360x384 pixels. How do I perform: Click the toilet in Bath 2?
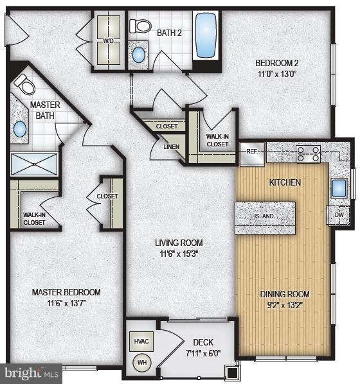point(140,26)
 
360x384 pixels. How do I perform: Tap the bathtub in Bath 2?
point(206,35)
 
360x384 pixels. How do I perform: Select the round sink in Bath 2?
point(139,55)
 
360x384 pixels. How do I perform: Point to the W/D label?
point(108,41)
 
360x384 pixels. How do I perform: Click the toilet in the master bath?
point(25,85)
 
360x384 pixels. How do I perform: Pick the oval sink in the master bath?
point(20,129)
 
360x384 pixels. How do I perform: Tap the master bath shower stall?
point(34,164)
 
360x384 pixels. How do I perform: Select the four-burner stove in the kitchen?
point(308,154)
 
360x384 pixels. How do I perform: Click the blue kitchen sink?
point(339,188)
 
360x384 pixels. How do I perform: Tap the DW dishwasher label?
point(339,215)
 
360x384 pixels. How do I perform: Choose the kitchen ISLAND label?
point(264,216)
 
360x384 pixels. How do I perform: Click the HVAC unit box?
point(141,342)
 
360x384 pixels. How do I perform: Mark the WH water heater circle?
point(142,362)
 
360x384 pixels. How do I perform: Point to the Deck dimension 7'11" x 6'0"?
point(203,353)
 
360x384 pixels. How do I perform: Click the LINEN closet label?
point(172,147)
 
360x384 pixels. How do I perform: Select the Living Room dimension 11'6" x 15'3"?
point(179,254)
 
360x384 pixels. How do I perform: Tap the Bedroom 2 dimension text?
point(277,74)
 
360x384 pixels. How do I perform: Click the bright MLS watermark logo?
point(32,374)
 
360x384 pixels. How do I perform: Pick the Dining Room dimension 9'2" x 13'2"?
point(285,305)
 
